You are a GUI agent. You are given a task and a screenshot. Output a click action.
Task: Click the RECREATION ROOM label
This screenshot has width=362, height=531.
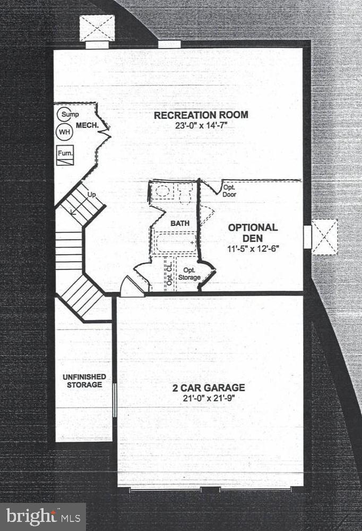click(201, 115)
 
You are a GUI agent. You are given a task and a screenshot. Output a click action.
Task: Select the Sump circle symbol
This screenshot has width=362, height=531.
click(66, 114)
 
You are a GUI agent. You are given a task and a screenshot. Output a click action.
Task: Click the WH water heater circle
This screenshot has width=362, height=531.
click(64, 132)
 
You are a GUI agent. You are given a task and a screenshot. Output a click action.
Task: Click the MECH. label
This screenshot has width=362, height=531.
click(85, 125)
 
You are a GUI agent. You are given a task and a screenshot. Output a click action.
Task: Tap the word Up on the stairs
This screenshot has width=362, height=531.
click(91, 195)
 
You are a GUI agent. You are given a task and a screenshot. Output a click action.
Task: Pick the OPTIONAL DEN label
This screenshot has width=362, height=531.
click(253, 232)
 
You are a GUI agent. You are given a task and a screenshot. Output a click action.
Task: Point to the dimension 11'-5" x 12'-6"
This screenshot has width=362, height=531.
click(253, 248)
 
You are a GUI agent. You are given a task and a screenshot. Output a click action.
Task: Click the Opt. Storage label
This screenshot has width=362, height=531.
click(189, 274)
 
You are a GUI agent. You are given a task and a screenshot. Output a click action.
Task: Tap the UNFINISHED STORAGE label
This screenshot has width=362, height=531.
click(84, 381)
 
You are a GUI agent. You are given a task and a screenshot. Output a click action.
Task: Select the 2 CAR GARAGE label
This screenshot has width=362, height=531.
click(209, 387)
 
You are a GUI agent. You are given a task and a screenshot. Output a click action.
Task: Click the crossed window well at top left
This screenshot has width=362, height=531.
click(97, 28)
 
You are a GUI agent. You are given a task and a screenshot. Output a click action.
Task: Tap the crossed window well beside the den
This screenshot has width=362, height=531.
click(324, 237)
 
